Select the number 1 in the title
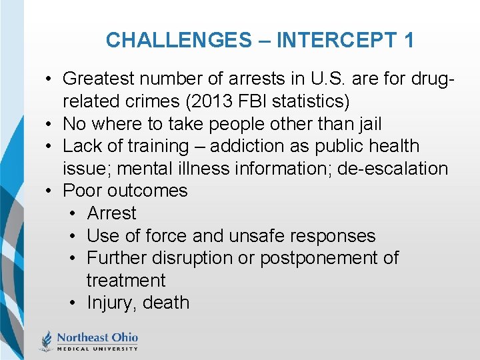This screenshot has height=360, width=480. [408, 40]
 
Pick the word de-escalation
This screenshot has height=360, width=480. [393, 169]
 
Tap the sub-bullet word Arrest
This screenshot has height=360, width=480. [111, 213]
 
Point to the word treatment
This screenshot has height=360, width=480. [126, 281]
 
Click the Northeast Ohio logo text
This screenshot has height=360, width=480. [97, 338]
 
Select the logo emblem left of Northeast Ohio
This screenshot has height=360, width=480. [47, 340]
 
